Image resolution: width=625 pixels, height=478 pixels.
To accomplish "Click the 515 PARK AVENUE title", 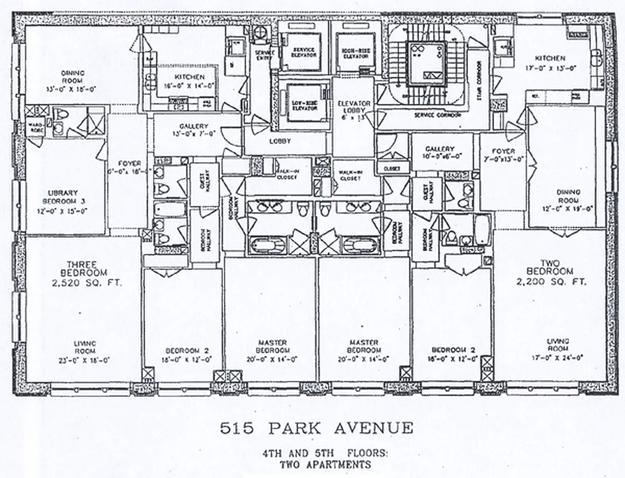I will (x=317, y=428).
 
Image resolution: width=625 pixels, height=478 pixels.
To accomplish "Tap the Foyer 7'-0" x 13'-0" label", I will (x=503, y=155).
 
